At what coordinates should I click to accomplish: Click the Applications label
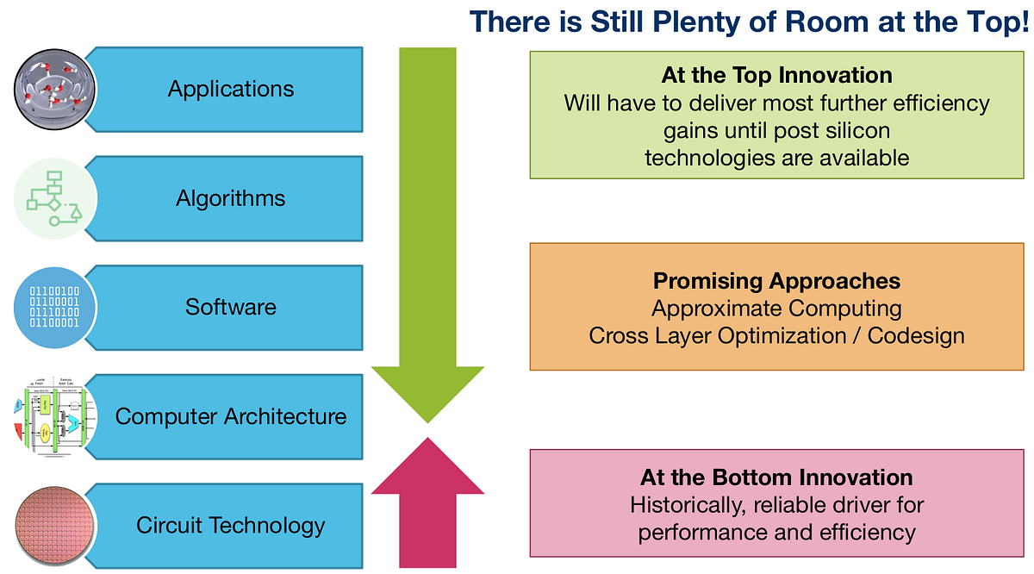231,89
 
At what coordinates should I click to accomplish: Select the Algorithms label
231,198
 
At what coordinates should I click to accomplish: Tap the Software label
231,307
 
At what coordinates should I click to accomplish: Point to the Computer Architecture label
231,416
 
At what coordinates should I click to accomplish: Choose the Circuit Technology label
231,525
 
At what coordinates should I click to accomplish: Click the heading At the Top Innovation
776,75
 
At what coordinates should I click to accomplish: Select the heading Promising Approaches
776,281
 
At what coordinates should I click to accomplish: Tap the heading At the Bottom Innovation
776,477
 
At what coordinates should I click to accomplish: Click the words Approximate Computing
776,308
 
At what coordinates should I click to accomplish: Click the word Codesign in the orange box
916,335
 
